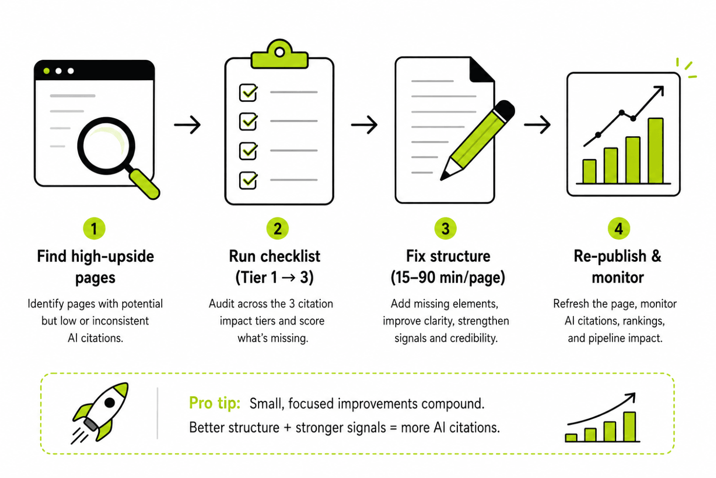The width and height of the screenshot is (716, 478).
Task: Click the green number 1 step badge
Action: [x=94, y=228]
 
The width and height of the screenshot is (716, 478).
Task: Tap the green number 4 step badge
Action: [x=619, y=228]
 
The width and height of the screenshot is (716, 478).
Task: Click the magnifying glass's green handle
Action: [x=145, y=185]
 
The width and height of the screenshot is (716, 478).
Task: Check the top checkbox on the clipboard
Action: [x=248, y=93]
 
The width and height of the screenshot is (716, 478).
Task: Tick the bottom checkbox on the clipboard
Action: [x=248, y=180]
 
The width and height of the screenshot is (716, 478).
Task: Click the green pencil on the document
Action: [x=477, y=140]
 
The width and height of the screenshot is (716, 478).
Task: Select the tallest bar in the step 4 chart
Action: [x=655, y=151]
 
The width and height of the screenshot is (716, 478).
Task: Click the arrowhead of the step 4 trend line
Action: [x=659, y=91]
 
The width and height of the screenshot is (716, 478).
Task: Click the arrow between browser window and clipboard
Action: [x=187, y=125]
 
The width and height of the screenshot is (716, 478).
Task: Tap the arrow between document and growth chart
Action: [x=537, y=125]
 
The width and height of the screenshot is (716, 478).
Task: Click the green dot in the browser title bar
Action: [x=47, y=71]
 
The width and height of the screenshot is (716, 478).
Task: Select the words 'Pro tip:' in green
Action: [x=214, y=403]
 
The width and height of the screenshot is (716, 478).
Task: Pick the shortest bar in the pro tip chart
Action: [x=571, y=438]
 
